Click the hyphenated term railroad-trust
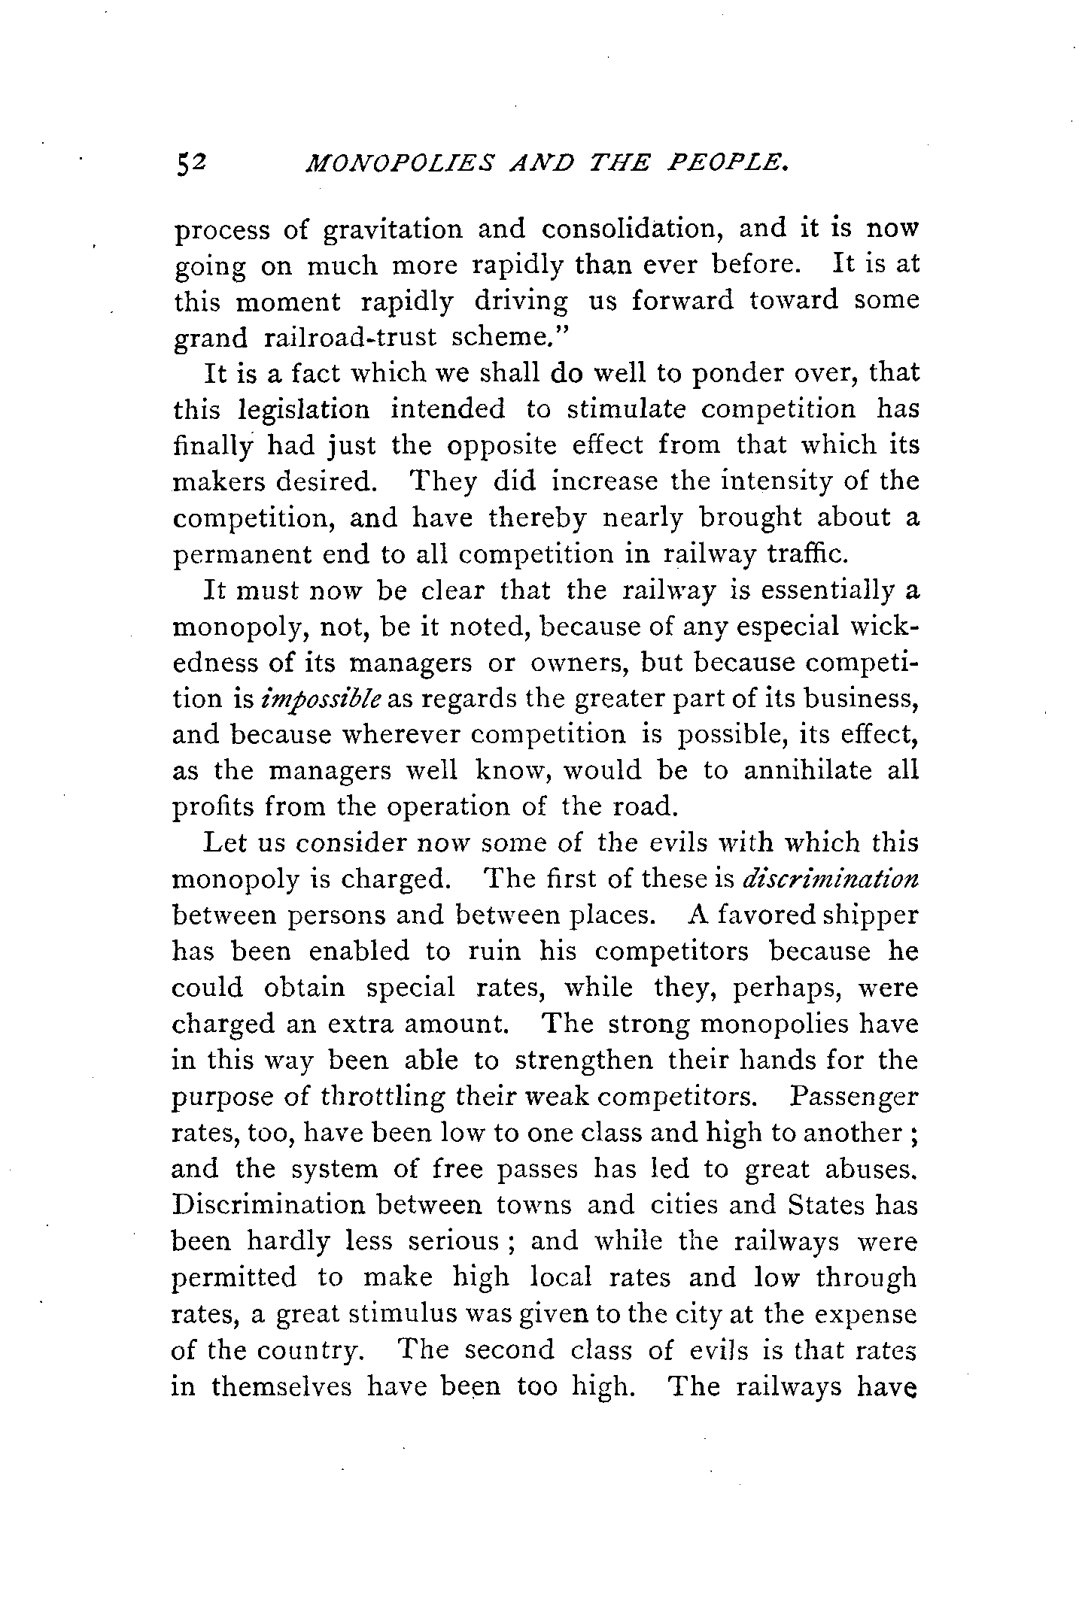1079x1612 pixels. point(351,337)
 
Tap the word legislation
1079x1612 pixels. point(304,410)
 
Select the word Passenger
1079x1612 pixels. point(854,1097)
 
